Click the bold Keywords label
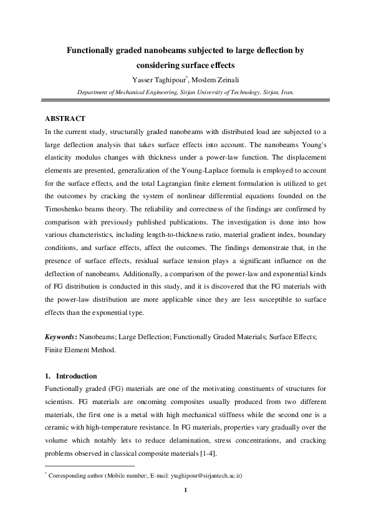[60, 337]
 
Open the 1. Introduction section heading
[71, 376]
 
